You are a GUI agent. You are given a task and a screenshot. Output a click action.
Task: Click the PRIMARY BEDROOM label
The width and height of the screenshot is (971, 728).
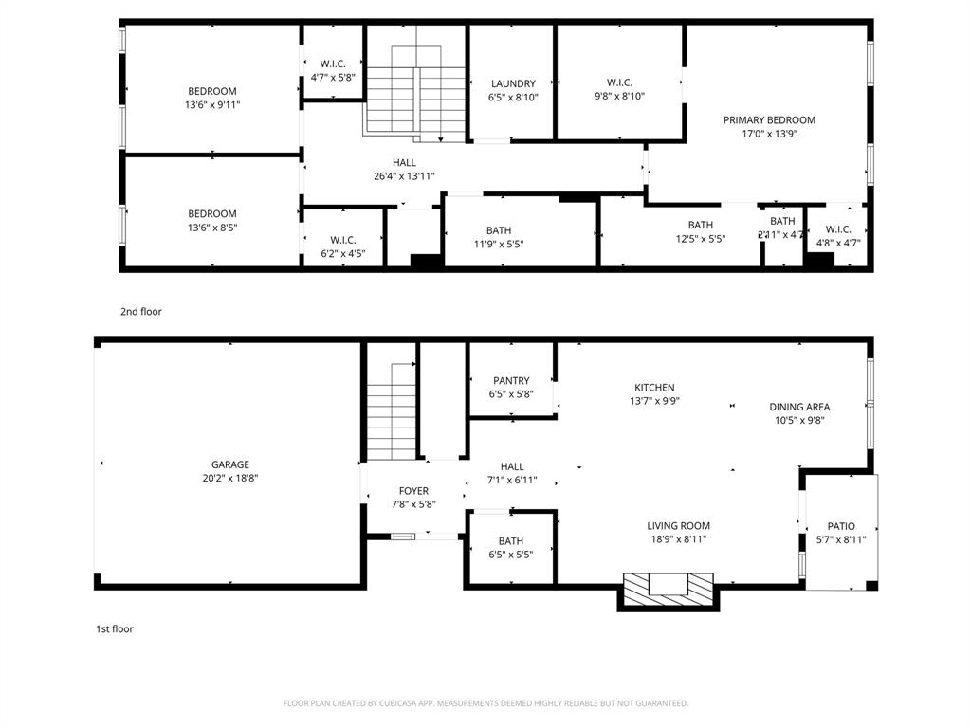point(769,120)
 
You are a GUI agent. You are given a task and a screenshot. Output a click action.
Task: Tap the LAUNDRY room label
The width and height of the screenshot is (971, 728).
point(513,83)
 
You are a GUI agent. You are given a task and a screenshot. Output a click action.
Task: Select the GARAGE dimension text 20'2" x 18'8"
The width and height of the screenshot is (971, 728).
point(230,479)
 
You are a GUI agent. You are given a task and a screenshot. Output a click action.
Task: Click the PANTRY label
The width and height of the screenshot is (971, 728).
point(511,381)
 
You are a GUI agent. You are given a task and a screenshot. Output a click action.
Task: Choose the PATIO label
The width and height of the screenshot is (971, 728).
point(841,526)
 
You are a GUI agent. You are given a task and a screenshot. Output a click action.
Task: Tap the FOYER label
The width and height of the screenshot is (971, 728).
point(413,491)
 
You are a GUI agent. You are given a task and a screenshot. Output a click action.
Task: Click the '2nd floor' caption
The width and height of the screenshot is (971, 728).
point(140,311)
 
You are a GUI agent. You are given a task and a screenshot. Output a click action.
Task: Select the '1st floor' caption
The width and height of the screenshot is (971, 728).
point(114,628)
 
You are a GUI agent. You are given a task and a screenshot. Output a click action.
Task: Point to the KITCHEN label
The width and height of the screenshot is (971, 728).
point(654,387)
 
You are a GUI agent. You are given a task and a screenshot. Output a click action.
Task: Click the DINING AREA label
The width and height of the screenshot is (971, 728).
point(799,407)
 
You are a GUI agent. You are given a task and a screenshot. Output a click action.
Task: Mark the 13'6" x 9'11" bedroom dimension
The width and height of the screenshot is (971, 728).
point(212,105)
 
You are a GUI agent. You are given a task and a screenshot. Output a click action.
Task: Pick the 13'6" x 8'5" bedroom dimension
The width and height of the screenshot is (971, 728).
point(212,227)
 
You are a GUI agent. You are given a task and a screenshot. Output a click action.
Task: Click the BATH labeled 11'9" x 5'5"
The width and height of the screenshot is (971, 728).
point(499,230)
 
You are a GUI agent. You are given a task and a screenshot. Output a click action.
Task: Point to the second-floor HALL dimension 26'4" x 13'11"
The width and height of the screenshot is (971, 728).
point(405,176)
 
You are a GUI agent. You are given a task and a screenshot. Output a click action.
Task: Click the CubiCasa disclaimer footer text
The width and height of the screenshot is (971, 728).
point(485,703)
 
